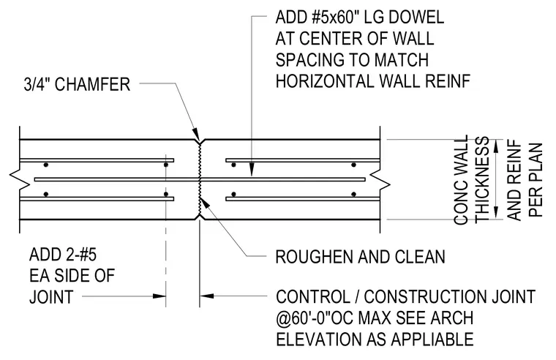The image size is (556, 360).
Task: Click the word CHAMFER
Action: [x=92, y=84]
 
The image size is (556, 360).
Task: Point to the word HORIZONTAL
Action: [x=325, y=81]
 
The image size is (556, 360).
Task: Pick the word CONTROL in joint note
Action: [x=313, y=296]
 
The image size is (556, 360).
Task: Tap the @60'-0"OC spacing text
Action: [x=315, y=318]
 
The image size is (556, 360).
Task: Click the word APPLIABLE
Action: [x=432, y=339]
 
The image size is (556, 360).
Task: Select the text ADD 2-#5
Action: [x=63, y=255]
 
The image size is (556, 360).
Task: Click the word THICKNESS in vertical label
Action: [x=482, y=179]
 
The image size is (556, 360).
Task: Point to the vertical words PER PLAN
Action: [x=536, y=179]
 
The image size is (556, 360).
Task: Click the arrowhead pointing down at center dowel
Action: [x=252, y=170]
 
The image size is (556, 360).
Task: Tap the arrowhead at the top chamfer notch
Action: [x=196, y=136]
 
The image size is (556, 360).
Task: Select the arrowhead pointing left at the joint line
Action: [x=207, y=296]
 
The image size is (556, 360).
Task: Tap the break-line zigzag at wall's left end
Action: [x=20, y=179]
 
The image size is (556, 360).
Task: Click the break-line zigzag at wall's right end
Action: [x=380, y=179]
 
